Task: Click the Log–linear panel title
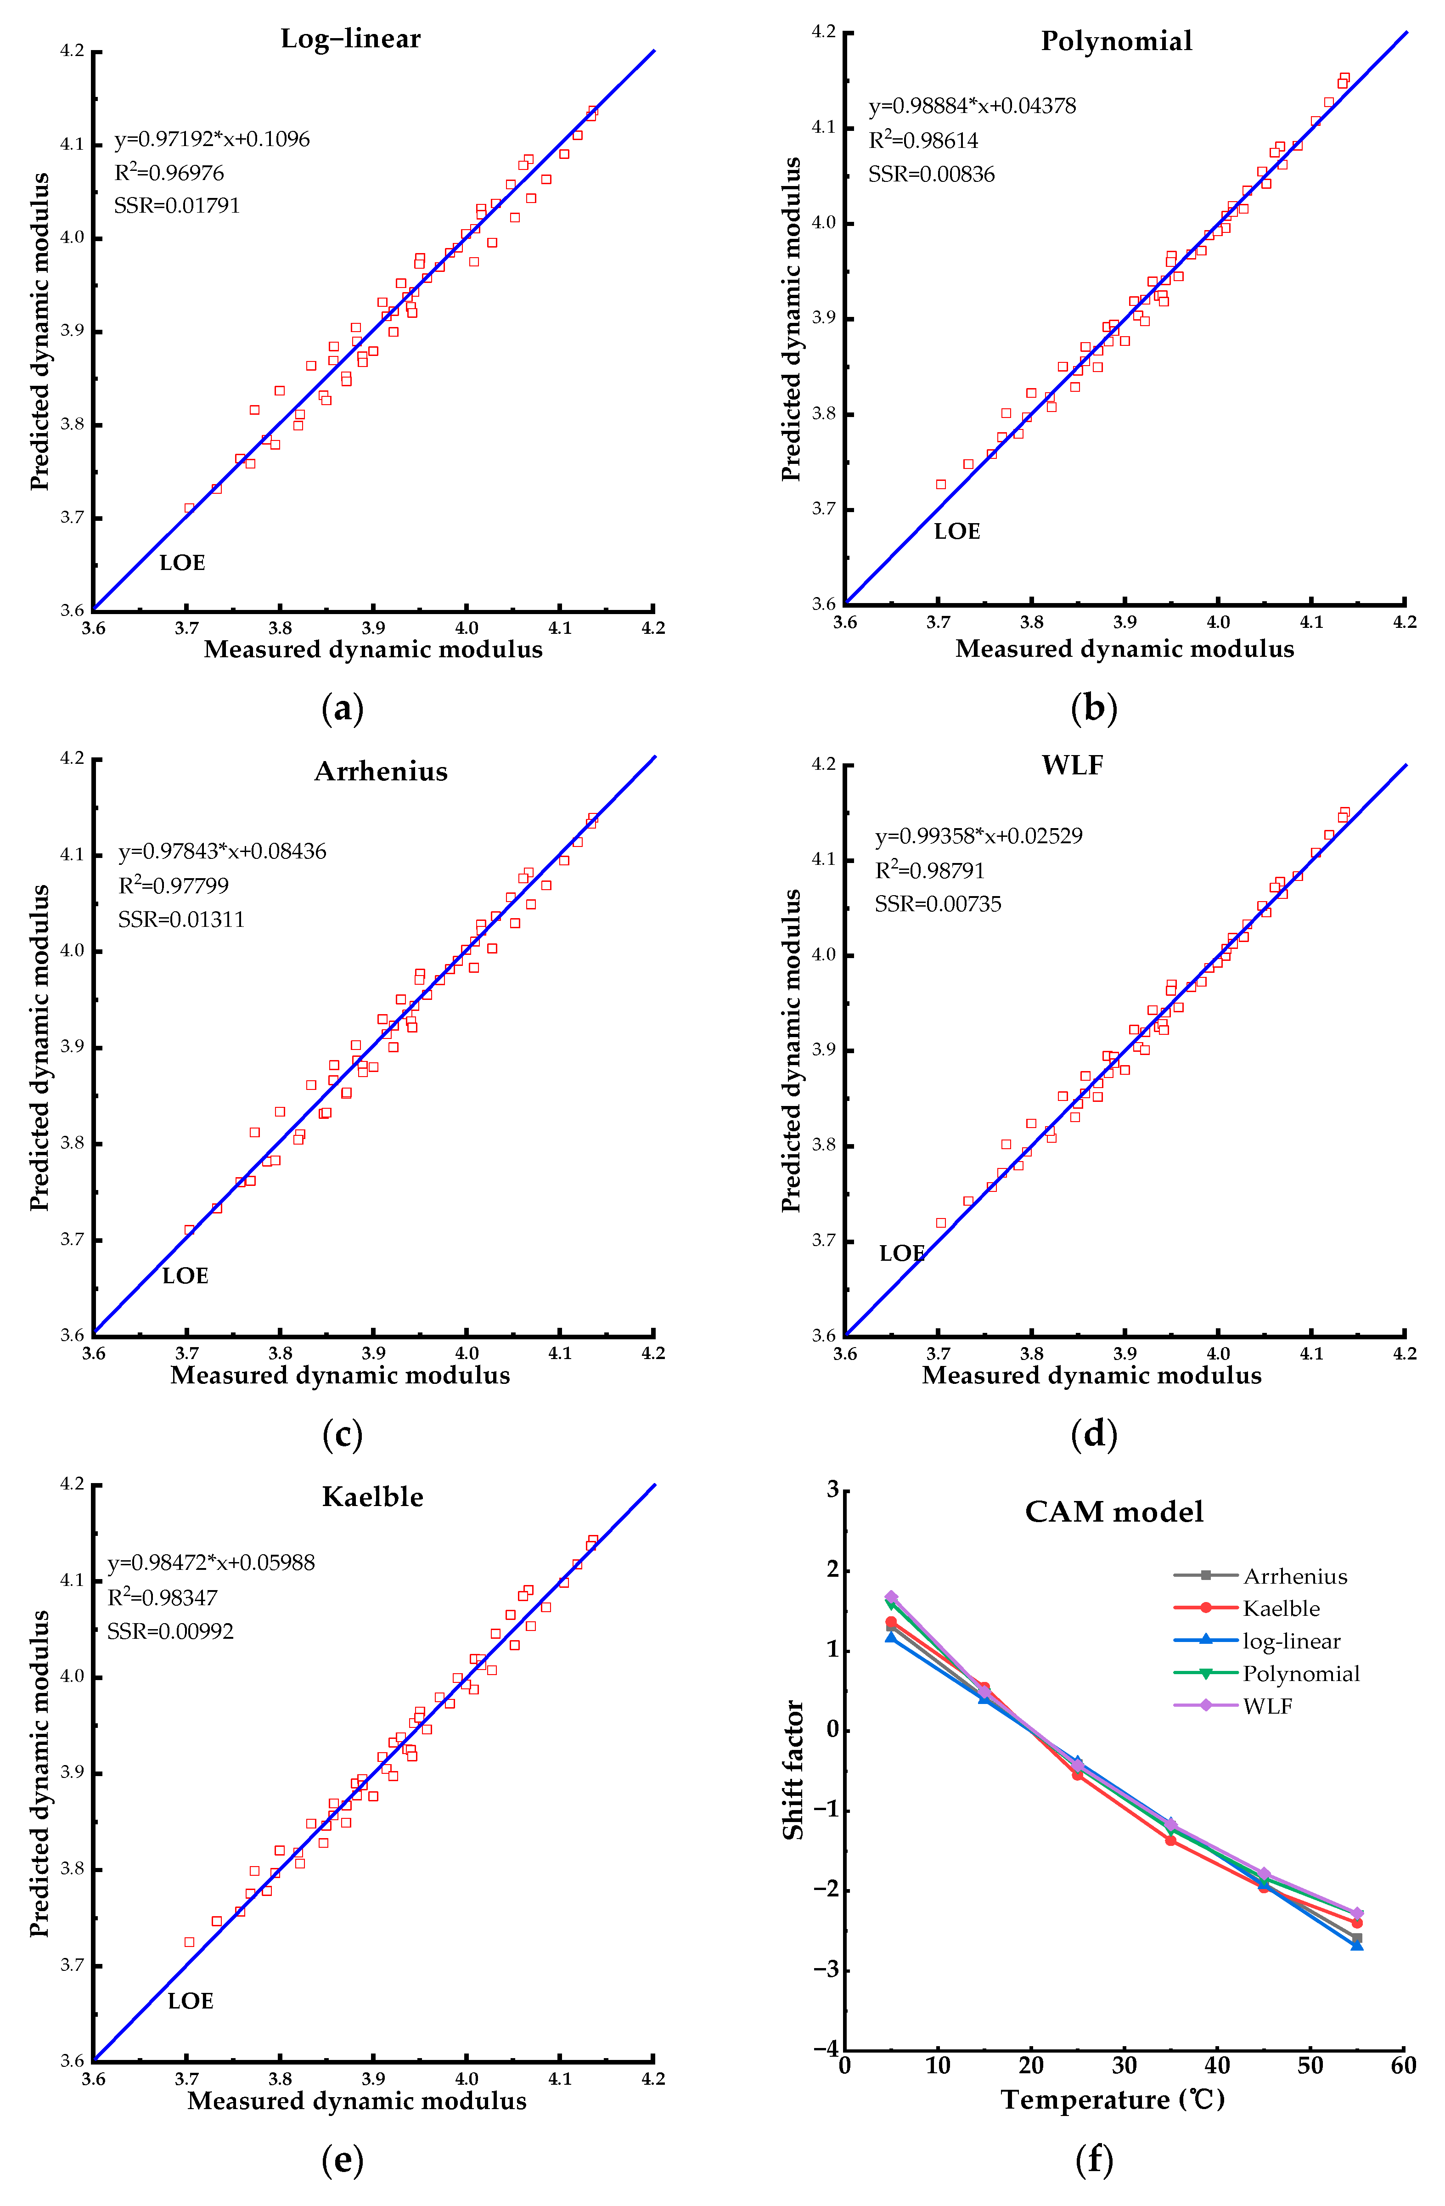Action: pyautogui.click(x=350, y=39)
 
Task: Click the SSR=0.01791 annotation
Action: pyautogui.click(x=177, y=206)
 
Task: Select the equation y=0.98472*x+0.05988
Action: pyautogui.click(x=211, y=1563)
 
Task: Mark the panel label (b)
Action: pyautogui.click(x=1094, y=708)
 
